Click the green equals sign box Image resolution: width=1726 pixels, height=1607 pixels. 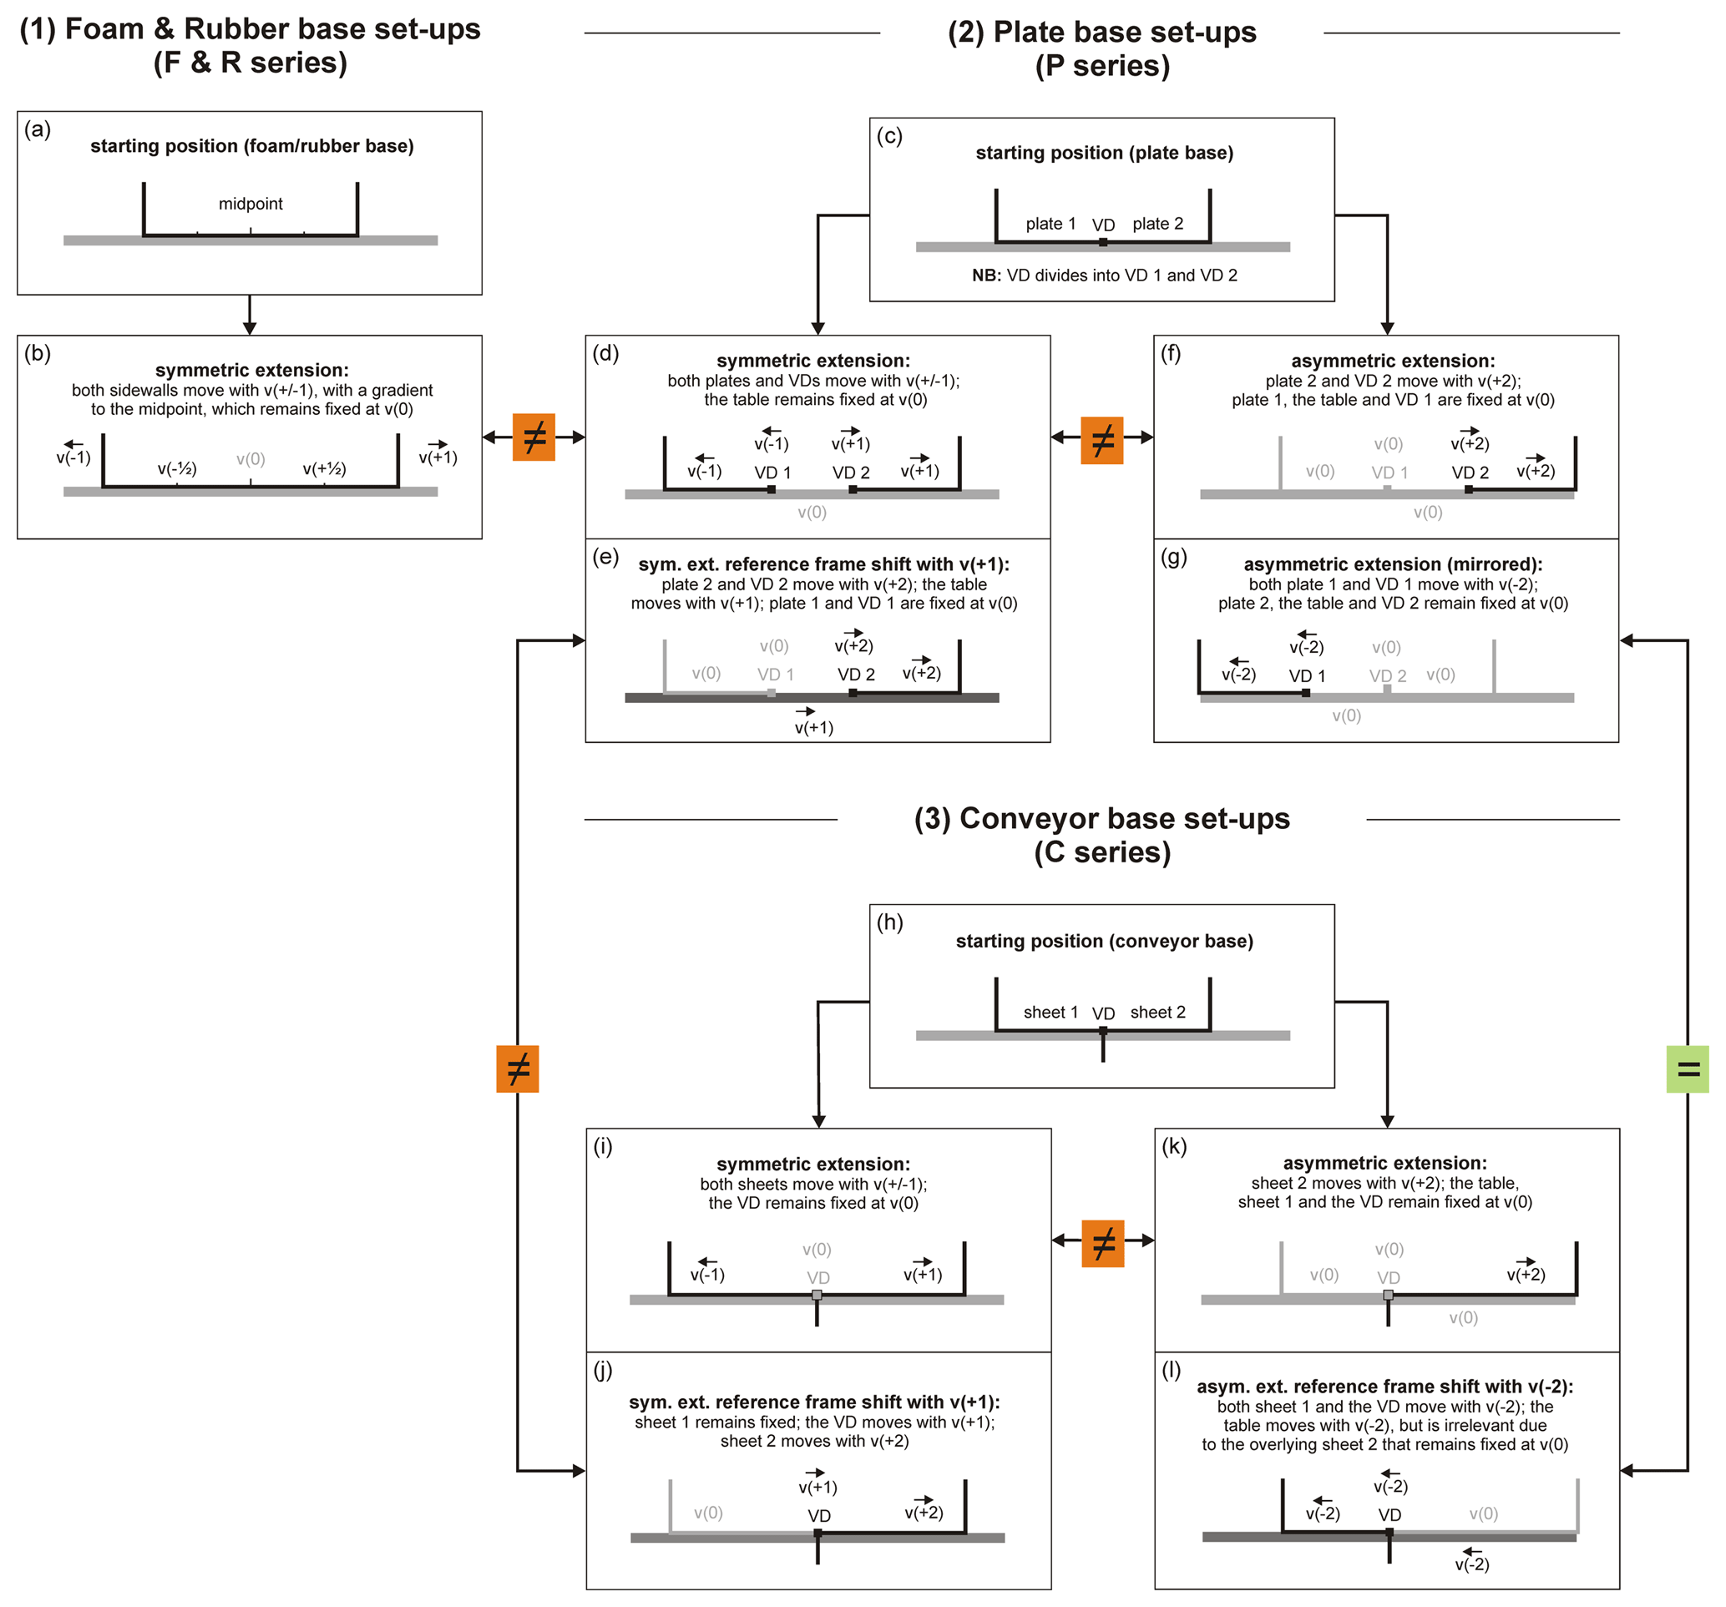[x=1687, y=1069]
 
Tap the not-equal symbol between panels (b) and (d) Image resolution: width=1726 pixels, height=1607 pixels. [x=534, y=437]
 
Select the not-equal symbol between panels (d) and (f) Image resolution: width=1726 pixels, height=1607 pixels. [x=1101, y=440]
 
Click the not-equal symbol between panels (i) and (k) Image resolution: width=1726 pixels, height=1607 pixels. [x=1102, y=1243]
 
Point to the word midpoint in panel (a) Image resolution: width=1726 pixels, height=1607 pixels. [x=250, y=204]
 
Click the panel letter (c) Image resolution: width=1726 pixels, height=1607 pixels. [x=889, y=136]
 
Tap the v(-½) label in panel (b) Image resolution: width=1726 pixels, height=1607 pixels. [x=177, y=469]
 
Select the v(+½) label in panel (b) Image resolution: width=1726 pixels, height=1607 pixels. [x=324, y=469]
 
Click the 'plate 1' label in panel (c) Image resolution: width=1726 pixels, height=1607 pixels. [x=1050, y=224]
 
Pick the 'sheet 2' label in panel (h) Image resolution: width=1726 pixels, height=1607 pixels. [x=1157, y=1013]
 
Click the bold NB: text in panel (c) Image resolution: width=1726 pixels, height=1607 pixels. [x=986, y=275]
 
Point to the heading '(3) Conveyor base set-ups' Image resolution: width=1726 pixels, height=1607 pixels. [x=1101, y=819]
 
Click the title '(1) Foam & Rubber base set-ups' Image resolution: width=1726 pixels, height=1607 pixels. [x=250, y=29]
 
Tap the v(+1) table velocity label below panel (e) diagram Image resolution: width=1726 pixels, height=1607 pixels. [x=813, y=728]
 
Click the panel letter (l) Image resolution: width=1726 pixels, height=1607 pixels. [x=1172, y=1370]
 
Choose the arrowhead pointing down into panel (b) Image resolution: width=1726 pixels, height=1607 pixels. [x=250, y=327]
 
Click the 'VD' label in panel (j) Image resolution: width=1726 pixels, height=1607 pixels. [x=818, y=1516]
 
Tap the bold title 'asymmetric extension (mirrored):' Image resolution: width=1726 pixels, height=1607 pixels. [x=1393, y=564]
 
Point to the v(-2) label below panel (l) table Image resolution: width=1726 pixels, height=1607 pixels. [x=1471, y=1564]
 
